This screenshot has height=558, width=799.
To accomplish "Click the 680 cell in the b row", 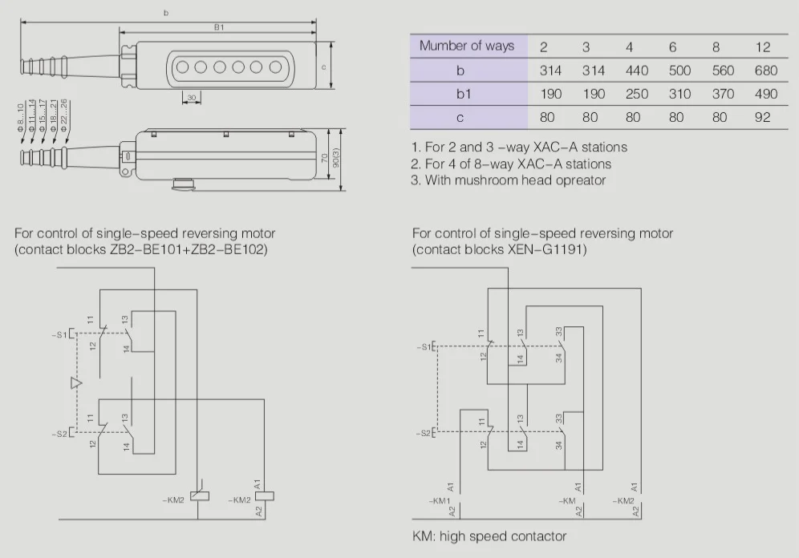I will (765, 71).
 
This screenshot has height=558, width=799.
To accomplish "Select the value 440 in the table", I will (636, 71).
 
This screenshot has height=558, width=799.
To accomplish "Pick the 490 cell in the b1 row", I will (765, 94).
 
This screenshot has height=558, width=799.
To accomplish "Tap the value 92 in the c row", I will (762, 117).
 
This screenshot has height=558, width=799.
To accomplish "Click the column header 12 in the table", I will (762, 46).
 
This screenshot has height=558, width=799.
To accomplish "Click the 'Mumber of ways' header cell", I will (466, 46).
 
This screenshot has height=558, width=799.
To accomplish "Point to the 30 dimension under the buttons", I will (191, 98).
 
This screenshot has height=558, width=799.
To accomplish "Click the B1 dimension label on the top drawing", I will (218, 27).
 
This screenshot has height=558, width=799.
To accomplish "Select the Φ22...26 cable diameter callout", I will (64, 115).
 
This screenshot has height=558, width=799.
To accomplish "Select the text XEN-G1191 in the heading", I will (546, 249).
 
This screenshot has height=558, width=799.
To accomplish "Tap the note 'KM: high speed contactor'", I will (489, 536).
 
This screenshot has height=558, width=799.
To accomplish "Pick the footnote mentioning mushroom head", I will (507, 180).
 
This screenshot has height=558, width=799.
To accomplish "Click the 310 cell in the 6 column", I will (679, 94).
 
